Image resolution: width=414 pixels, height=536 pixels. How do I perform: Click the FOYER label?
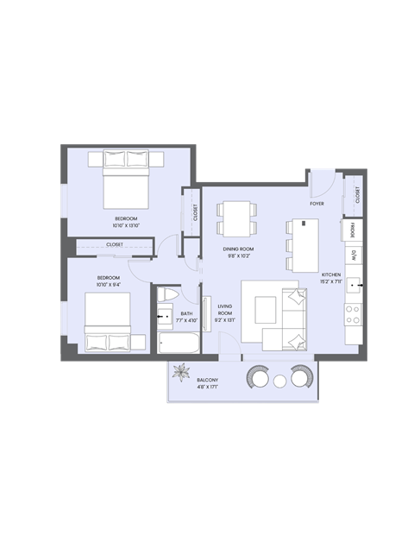coord(317,204)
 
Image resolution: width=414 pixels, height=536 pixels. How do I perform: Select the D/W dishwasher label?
coord(353,255)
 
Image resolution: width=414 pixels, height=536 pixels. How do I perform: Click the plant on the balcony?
coord(181,373)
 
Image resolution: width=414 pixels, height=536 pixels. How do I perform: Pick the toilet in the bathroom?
coord(167,299)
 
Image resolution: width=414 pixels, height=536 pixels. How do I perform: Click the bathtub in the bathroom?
coord(179,345)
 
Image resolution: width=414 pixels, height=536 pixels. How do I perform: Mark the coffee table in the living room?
coord(265,305)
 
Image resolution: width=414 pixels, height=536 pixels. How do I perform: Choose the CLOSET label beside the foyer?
coord(357,196)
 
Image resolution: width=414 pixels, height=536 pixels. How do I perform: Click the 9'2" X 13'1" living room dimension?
coord(226,319)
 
